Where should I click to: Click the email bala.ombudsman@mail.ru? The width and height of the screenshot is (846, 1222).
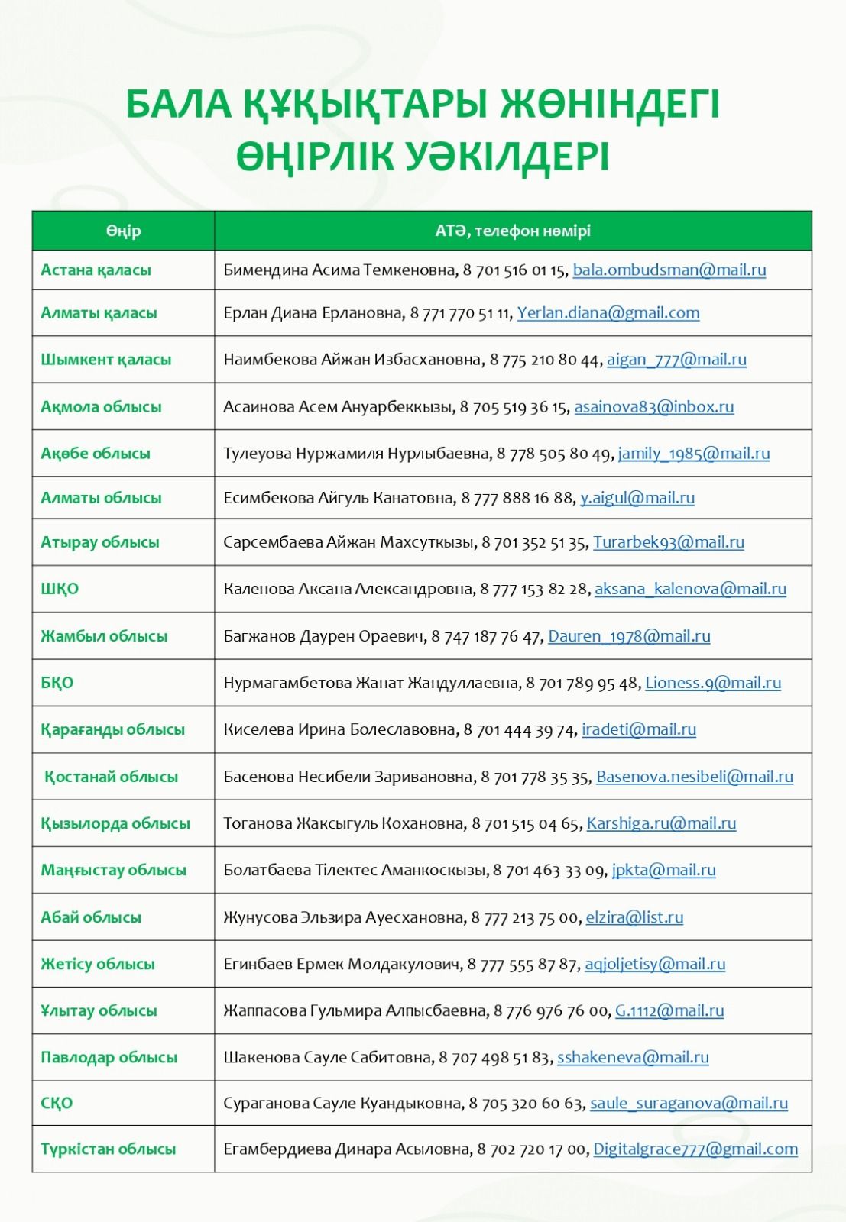[x=669, y=270]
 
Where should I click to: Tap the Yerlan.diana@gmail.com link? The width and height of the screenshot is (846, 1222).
[x=608, y=312]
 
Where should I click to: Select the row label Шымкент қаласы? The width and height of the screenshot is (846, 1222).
[x=105, y=359]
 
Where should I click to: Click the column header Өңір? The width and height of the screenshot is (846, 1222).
[x=123, y=231]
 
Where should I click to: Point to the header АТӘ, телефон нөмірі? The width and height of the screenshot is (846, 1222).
[x=513, y=231]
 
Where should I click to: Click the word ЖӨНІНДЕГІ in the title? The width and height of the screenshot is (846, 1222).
[x=609, y=105]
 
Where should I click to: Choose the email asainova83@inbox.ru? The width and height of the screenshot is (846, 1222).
[x=653, y=406]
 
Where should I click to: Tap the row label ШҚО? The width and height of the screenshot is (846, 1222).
[x=60, y=589]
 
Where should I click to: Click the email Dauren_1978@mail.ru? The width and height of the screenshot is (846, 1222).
[x=629, y=635]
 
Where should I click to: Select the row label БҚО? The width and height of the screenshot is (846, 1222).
[x=57, y=683]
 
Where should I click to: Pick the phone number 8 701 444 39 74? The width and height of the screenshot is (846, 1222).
[x=519, y=729]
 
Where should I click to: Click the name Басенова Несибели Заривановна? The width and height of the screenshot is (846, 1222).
[x=348, y=777]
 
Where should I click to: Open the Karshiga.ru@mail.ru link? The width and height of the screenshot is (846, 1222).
[x=661, y=823]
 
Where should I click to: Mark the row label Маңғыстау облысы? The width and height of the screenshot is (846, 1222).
[x=113, y=870]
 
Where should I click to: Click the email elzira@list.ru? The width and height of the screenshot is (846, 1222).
[x=634, y=916]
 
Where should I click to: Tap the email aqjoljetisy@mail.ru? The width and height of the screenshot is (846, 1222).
[x=655, y=964]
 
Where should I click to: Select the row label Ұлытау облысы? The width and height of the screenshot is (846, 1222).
[x=99, y=1010]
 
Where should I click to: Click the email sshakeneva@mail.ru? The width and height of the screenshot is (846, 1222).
[x=633, y=1057]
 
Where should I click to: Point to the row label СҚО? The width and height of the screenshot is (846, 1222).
[x=57, y=1103]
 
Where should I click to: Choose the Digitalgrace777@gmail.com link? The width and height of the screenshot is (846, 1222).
[x=695, y=1149]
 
